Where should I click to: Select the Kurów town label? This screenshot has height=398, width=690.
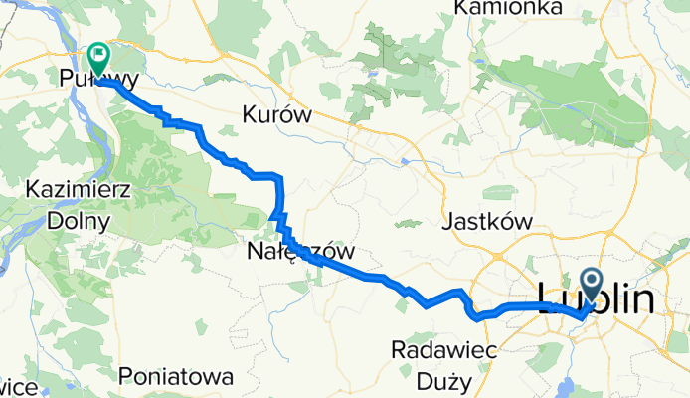click(276, 116)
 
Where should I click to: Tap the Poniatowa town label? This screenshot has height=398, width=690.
click(175, 377)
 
